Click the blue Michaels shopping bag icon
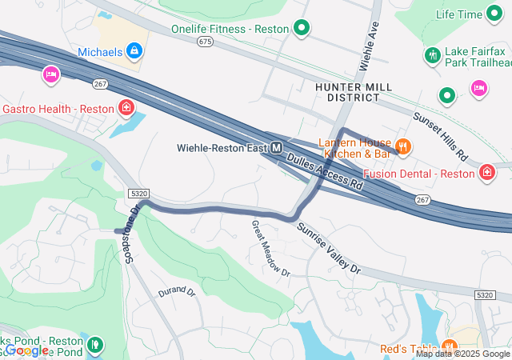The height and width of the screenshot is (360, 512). coord(134,52)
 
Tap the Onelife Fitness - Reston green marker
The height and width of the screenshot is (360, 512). coord(302,30)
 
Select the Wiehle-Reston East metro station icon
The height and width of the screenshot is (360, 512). coord(276,148)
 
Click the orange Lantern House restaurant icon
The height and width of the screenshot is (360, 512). coord(403,146)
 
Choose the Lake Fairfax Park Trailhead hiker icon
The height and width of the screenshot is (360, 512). coord(433,55)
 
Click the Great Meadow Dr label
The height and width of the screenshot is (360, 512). coord(270,248)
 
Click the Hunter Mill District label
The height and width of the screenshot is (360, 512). coord(346,91)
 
